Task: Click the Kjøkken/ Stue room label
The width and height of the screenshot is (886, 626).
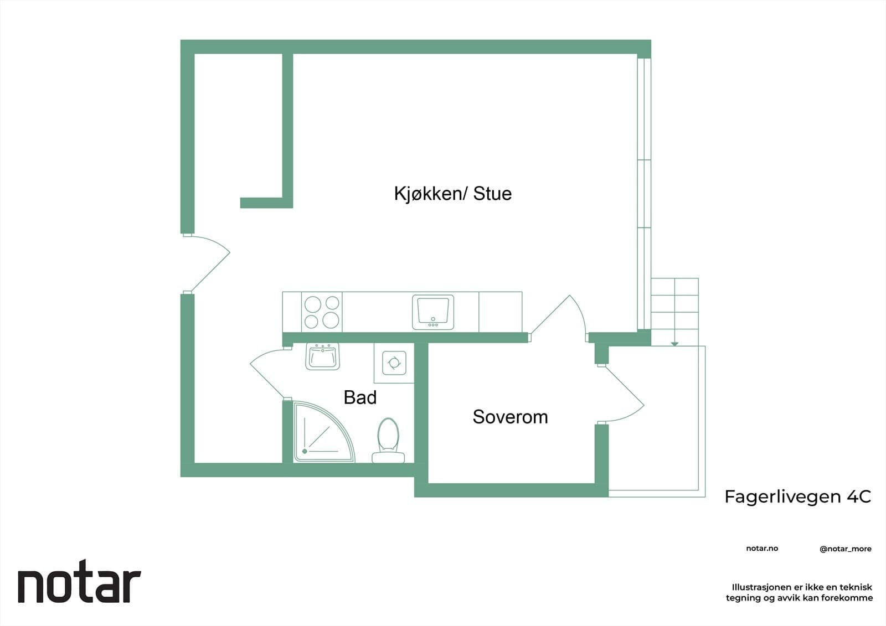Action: tap(452, 193)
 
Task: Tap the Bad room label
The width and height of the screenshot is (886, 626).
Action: tap(360, 397)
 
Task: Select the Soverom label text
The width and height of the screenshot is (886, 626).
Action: tap(510, 417)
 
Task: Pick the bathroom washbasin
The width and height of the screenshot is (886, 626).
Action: tap(322, 356)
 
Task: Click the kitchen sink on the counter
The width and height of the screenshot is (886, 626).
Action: tap(432, 312)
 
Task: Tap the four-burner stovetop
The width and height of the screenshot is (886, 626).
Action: tap(322, 312)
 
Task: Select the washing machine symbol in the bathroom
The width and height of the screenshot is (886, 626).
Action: tap(394, 363)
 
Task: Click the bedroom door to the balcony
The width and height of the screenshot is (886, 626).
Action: tap(621, 394)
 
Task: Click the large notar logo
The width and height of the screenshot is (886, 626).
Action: tap(80, 582)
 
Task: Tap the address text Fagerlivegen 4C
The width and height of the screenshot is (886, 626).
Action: tap(797, 496)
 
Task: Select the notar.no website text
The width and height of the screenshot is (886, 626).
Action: tap(762, 549)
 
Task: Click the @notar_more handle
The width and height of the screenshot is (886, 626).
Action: tap(845, 549)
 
